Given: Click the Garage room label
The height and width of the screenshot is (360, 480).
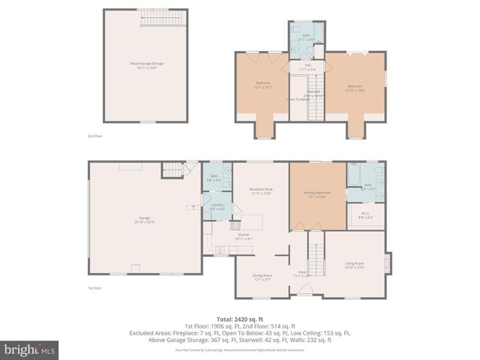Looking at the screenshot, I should pos(144,219).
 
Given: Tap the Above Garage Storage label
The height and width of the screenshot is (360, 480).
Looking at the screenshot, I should pos(146,64).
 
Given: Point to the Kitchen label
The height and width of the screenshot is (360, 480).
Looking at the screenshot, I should pos(244,236).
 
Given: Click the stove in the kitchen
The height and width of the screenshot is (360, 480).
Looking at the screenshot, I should pos(235,224).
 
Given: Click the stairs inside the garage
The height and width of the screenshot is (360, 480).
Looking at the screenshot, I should pos(173,169).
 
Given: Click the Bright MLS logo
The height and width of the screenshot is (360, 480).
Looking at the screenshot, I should pos(29,349).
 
